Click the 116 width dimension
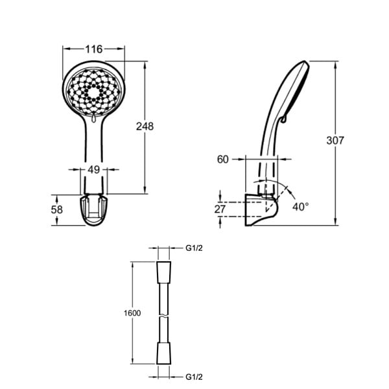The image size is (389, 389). click(x=94, y=49)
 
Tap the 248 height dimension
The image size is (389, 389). click(x=145, y=126)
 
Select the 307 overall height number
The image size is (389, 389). click(x=335, y=141)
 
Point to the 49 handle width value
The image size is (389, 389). click(x=94, y=170)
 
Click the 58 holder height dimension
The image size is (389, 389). click(x=57, y=210)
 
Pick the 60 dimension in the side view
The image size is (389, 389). click(x=223, y=159)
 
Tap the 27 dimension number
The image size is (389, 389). click(x=220, y=209)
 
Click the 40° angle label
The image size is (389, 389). click(x=300, y=207)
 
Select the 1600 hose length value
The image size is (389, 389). click(x=132, y=313)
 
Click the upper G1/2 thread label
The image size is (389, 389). click(x=194, y=248)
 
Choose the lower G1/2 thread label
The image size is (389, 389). click(x=194, y=377)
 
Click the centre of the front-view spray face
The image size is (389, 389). click(x=93, y=92)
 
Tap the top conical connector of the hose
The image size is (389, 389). click(x=164, y=273)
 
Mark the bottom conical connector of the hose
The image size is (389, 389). click(x=164, y=353)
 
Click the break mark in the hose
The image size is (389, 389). click(x=164, y=317)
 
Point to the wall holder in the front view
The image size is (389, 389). click(x=94, y=210)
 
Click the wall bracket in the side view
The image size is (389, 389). click(x=261, y=209)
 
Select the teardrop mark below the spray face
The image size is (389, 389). click(x=93, y=119)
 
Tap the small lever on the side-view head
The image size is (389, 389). click(x=283, y=119)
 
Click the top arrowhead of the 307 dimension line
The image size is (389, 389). click(x=336, y=64)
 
